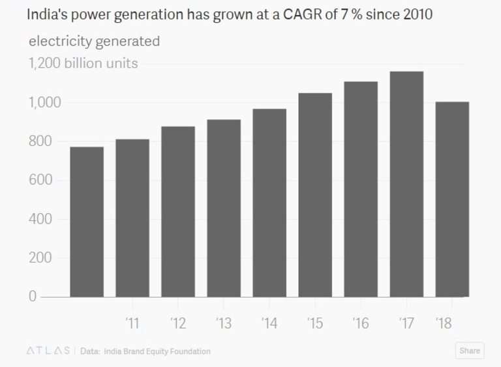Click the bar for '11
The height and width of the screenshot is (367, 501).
[x=132, y=218]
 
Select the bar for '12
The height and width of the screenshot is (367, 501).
[x=178, y=211]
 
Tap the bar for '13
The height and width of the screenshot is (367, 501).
[x=224, y=208]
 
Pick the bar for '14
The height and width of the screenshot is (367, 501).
[x=269, y=203]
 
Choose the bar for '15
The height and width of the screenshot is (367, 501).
[x=315, y=195]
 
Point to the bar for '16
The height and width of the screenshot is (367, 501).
[x=361, y=189]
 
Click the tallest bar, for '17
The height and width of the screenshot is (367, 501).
[x=406, y=184]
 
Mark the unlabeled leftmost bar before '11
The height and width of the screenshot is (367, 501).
[x=87, y=222]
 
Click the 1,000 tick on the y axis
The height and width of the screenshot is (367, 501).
[x=44, y=103]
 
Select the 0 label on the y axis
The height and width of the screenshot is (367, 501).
[x=32, y=297]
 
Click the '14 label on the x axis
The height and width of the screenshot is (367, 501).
[x=269, y=323]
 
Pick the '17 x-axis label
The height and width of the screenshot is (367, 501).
[x=406, y=323]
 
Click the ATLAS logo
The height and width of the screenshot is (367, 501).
[x=48, y=351]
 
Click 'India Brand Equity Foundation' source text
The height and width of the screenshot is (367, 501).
[x=157, y=351]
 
